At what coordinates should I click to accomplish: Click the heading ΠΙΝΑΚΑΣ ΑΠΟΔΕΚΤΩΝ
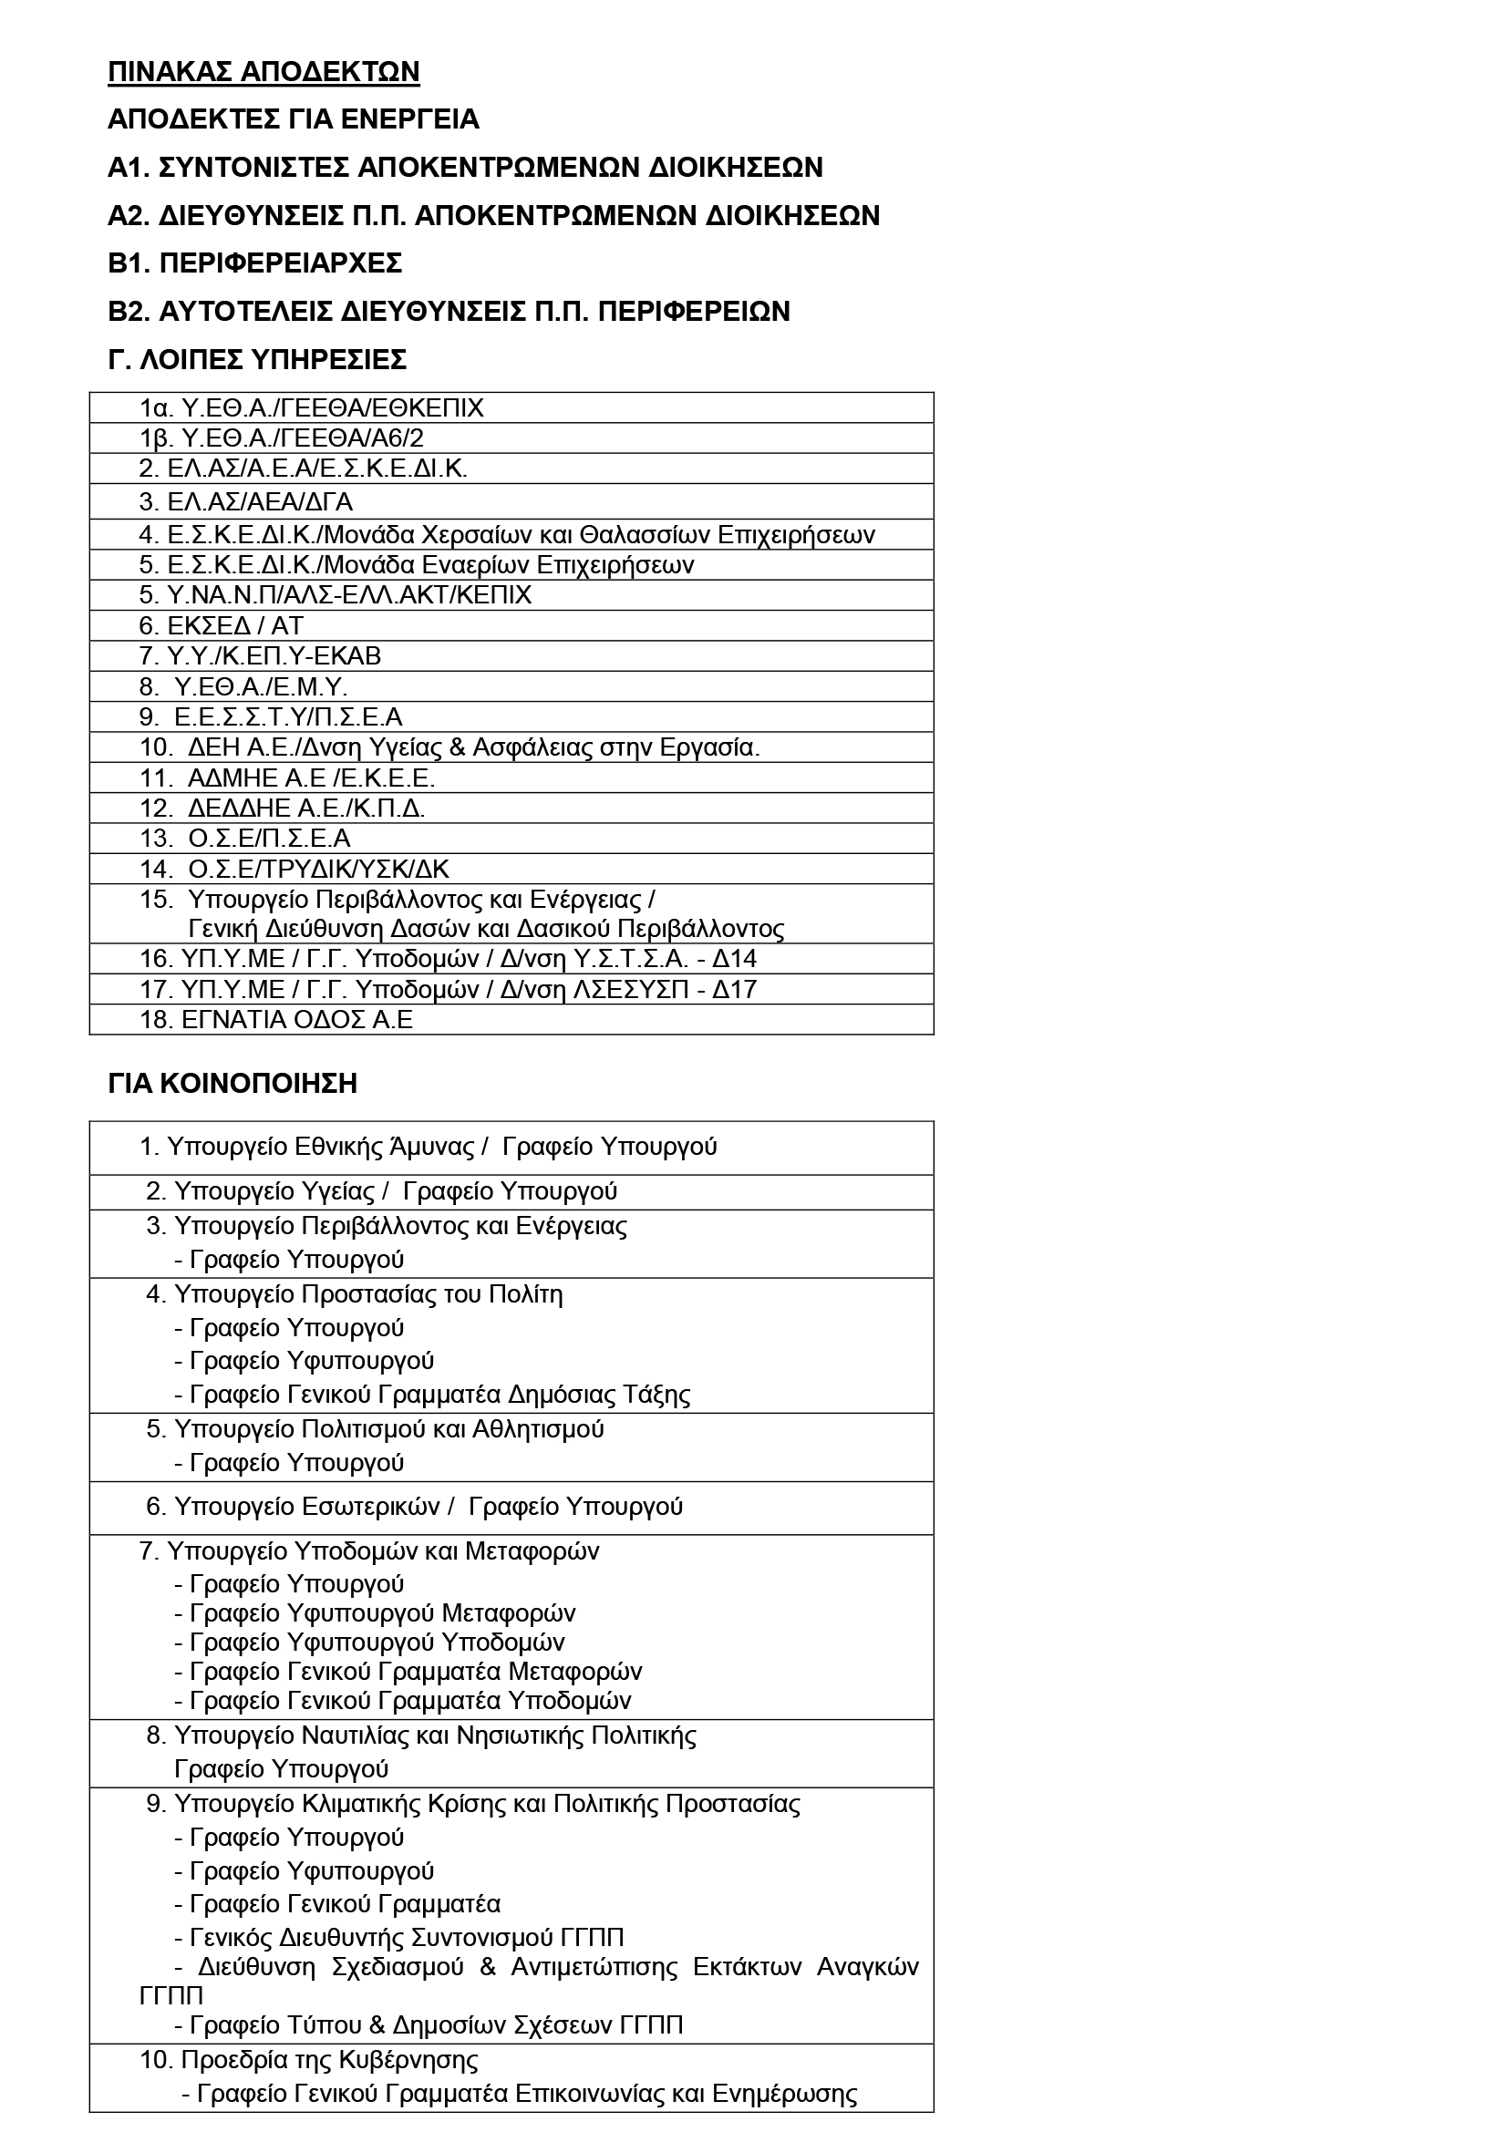click(263, 72)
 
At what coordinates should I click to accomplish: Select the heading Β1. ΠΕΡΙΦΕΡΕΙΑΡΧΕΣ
click(255, 263)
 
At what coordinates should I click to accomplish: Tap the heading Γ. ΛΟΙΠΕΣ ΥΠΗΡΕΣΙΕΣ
click(257, 359)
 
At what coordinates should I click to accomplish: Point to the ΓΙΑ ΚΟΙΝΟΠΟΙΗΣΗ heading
click(232, 1084)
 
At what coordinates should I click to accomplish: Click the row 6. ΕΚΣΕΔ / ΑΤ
click(221, 626)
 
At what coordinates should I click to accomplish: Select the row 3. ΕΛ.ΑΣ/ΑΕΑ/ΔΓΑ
click(246, 502)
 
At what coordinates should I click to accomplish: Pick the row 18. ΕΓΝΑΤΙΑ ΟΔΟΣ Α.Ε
click(275, 1020)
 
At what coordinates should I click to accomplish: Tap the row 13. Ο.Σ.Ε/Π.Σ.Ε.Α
click(245, 839)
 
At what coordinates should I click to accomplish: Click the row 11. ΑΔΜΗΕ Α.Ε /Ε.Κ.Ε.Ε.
click(287, 778)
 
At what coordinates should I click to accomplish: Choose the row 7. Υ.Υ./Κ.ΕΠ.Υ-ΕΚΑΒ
click(260, 656)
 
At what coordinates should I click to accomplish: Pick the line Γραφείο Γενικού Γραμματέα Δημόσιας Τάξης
click(439, 1395)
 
